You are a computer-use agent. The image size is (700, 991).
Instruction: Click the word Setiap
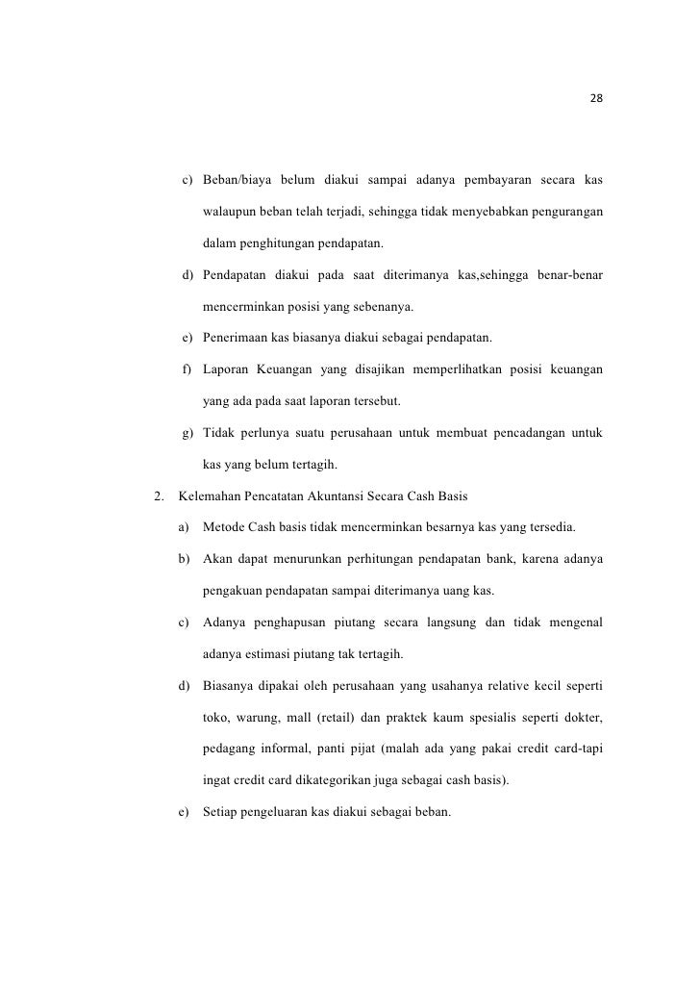(222, 813)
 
